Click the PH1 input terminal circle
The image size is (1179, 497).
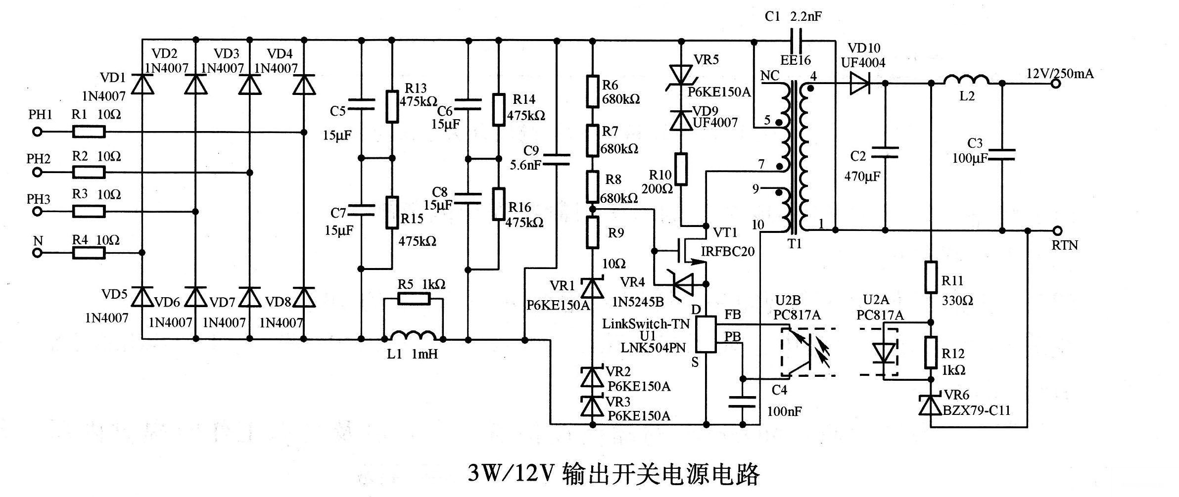[x=37, y=132]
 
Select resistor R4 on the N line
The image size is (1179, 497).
[x=89, y=253]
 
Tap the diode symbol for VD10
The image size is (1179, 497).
[x=860, y=84]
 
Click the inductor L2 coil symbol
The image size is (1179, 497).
[x=966, y=80]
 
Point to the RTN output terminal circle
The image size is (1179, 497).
[x=1057, y=230]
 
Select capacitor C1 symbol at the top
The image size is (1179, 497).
[x=797, y=40]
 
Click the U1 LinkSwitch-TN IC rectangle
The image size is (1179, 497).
[x=706, y=334]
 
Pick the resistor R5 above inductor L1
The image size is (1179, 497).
[x=414, y=299]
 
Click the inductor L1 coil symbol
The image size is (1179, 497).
[x=414, y=336]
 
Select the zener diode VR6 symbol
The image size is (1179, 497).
[x=930, y=405]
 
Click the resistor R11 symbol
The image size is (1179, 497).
[x=931, y=277]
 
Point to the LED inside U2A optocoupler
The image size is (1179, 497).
[x=884, y=353]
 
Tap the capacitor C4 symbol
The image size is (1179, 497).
[x=742, y=401]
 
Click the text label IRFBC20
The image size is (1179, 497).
[x=727, y=252]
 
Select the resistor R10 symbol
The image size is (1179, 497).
[x=681, y=169]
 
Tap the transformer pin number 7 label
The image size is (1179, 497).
[x=761, y=164]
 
